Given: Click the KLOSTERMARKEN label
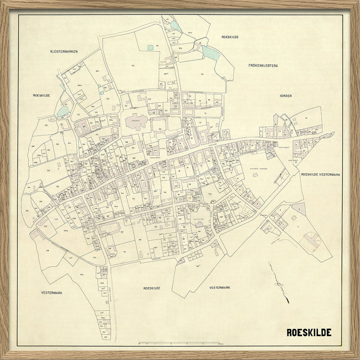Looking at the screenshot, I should [x=64, y=52].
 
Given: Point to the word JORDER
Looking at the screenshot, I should [x=285, y=96].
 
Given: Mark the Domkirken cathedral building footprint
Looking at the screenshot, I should [x=135, y=121].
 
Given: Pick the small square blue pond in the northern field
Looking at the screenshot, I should [x=150, y=47].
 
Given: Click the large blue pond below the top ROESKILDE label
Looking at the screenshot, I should [x=211, y=53].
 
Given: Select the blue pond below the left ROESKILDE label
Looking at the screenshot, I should [x=63, y=111].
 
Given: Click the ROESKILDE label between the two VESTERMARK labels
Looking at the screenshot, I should [x=152, y=288].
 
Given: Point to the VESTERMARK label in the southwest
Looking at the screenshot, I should [x=52, y=292].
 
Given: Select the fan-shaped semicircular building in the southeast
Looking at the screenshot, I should [x=311, y=238].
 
